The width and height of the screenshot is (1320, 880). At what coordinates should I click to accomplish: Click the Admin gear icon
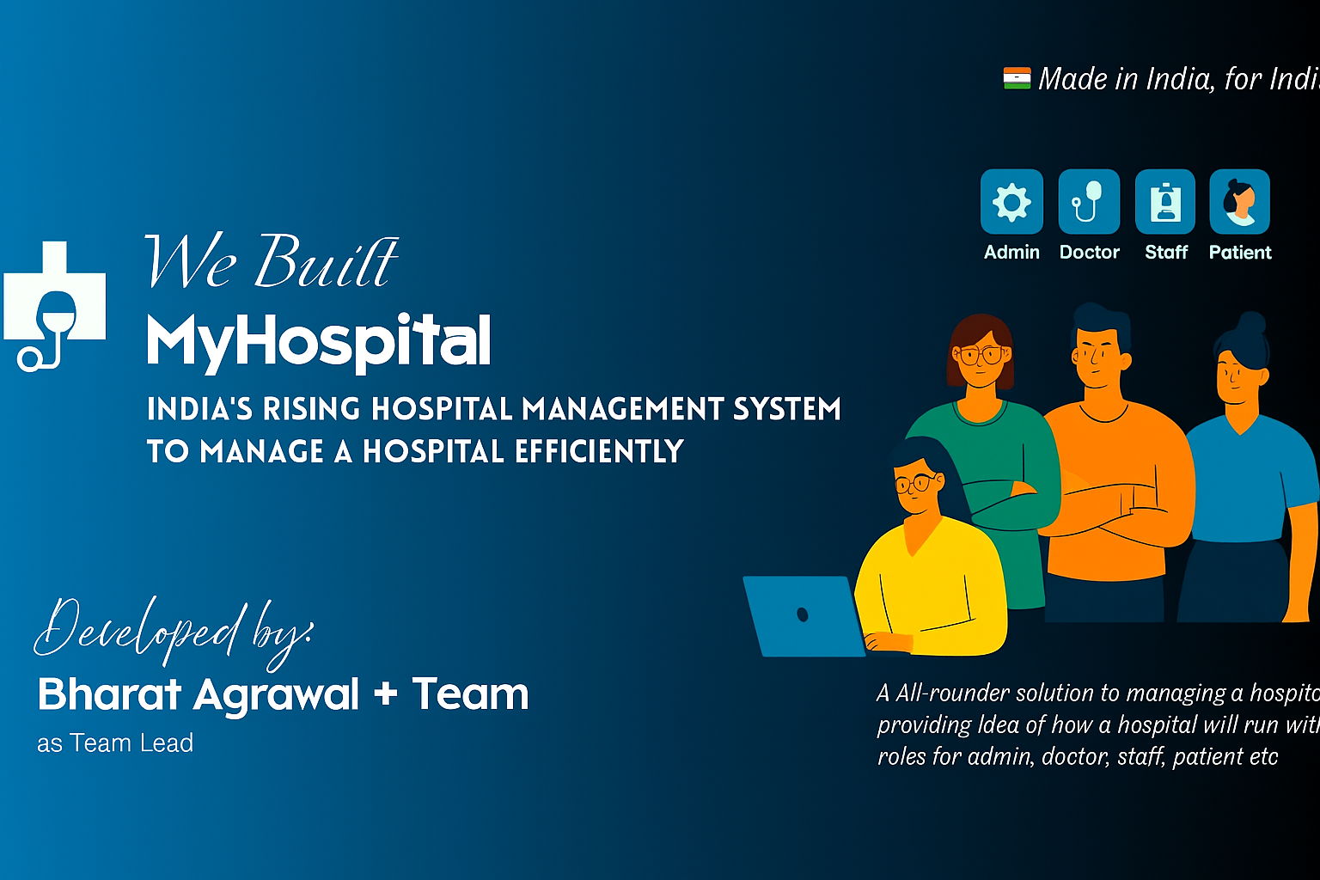pyautogui.click(x=1011, y=203)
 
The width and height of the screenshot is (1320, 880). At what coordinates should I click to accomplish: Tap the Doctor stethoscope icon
pyautogui.click(x=1089, y=203)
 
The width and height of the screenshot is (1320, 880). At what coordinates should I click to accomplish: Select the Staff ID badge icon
pyautogui.click(x=1165, y=203)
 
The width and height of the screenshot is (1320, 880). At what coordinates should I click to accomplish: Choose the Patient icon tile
pyautogui.click(x=1239, y=203)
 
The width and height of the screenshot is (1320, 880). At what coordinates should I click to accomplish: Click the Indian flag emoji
pyautogui.click(x=1017, y=79)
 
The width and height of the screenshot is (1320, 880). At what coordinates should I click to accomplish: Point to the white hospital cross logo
pyautogui.click(x=55, y=304)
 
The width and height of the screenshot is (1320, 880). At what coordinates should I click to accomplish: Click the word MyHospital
pyautogui.click(x=319, y=342)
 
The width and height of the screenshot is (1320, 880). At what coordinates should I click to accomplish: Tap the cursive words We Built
pyautogui.click(x=271, y=261)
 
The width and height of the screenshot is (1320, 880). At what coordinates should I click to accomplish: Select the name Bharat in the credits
pyautogui.click(x=109, y=694)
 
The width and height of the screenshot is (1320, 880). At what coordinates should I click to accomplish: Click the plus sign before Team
pyautogui.click(x=386, y=693)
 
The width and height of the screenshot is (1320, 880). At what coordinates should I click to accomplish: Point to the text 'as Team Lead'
pyautogui.click(x=115, y=743)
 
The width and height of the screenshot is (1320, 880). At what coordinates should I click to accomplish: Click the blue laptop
pyautogui.click(x=803, y=615)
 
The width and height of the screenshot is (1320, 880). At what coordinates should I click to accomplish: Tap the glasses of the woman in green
pyautogui.click(x=981, y=354)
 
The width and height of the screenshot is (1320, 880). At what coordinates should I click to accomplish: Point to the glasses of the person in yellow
pyautogui.click(x=915, y=484)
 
